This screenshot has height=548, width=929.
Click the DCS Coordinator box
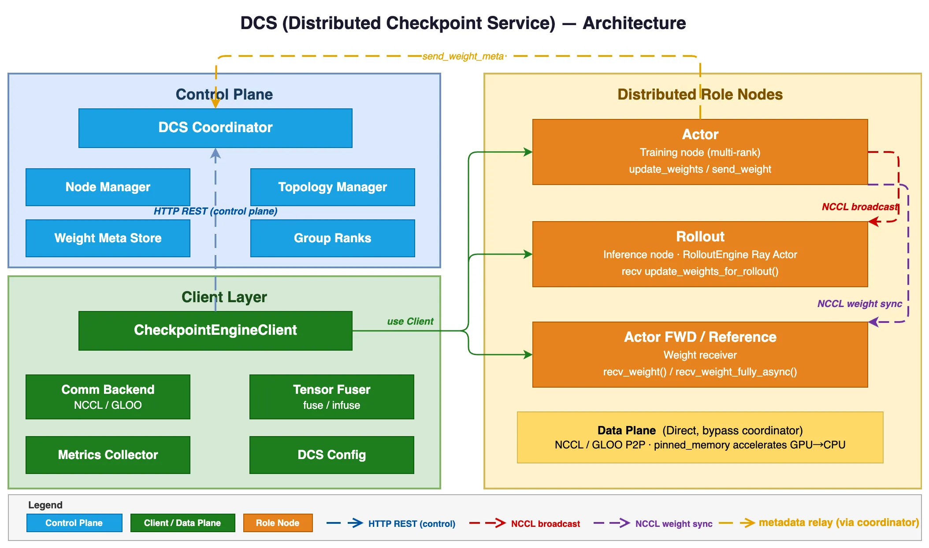(216, 128)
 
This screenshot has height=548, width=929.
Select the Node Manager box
(108, 187)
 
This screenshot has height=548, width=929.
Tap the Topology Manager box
(333, 187)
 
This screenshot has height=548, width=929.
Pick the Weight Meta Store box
(108, 238)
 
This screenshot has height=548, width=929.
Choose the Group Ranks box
(333, 238)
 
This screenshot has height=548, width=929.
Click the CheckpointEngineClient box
(216, 331)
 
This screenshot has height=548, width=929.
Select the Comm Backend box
(108, 397)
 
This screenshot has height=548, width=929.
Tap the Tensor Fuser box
(332, 397)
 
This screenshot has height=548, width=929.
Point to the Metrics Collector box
(108, 455)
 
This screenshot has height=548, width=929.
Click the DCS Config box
(332, 455)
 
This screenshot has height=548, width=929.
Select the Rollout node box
(700, 254)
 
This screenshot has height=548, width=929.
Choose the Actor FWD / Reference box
(700, 355)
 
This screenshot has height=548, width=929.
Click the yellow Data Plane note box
(700, 437)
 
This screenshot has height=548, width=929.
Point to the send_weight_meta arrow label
(463, 56)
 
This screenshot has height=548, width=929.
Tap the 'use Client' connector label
(410, 322)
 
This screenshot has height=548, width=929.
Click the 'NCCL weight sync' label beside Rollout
(860, 304)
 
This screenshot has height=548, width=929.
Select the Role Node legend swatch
(278, 523)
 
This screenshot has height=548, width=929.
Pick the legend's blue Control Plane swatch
(74, 523)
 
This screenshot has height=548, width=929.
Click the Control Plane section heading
(224, 94)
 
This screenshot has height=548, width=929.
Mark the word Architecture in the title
(634, 23)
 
